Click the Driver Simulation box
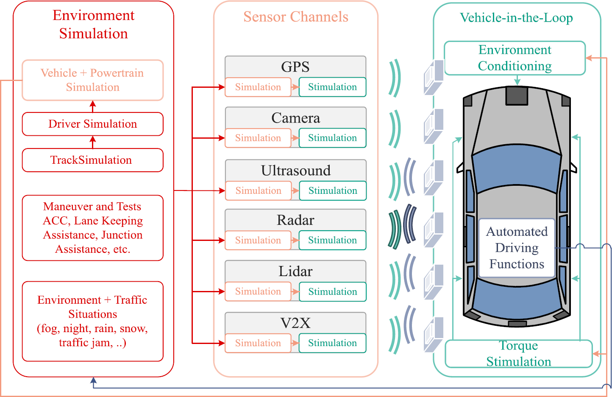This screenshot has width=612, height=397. (92, 124)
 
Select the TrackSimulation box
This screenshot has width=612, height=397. (92, 160)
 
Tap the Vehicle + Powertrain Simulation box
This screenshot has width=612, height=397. (92, 80)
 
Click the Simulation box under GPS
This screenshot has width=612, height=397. (258, 87)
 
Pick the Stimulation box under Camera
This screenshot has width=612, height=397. (332, 138)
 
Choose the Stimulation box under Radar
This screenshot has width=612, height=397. (332, 240)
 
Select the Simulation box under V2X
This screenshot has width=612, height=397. (258, 343)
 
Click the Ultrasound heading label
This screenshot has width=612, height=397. (295, 171)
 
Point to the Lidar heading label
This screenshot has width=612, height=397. (295, 271)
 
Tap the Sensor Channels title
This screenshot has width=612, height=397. (295, 17)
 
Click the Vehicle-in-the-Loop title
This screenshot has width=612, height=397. (516, 18)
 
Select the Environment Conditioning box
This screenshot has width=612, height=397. (515, 58)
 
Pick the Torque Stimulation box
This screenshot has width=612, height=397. (518, 354)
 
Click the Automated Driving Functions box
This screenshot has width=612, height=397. (517, 248)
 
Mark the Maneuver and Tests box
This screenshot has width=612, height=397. (92, 228)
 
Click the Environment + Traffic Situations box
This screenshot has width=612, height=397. (92, 321)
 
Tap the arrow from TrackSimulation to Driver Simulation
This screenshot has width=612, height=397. (93, 142)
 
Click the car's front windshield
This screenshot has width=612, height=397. (516, 170)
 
